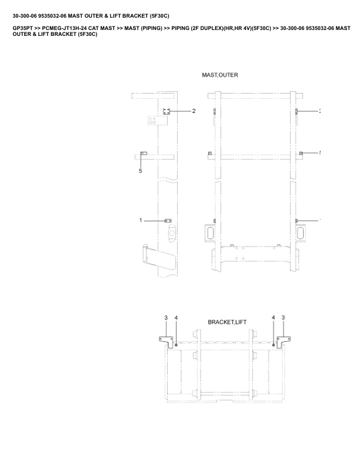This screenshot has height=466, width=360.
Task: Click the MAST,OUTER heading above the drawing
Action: coord(220,75)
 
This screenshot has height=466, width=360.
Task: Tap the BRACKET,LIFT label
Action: coord(227,322)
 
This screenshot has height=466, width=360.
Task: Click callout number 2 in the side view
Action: coord(194,111)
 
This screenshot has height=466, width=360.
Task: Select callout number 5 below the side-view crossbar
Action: coord(141,171)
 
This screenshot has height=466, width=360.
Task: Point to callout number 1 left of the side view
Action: coord(141,220)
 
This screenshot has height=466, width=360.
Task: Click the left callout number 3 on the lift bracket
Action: coord(166,318)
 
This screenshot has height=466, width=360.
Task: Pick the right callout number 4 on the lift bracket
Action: coord(274,318)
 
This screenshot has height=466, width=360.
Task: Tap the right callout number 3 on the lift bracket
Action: coord(283,318)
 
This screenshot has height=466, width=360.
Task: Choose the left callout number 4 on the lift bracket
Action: coord(176,318)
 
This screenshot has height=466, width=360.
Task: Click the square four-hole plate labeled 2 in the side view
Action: coord(166,111)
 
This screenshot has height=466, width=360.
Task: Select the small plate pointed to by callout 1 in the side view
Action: coord(168,221)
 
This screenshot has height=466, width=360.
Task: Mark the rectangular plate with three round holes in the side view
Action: coord(158,121)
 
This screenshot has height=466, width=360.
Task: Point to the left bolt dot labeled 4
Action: coord(176,345)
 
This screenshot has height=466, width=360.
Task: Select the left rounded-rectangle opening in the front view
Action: coord(209,232)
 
